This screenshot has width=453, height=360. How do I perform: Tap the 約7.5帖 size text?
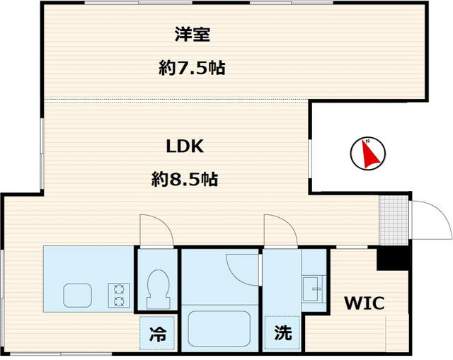point(192,69)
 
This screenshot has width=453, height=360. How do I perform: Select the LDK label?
point(185,147)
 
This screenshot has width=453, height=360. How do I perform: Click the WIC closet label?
point(364,304)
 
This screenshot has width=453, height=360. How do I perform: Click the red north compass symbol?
point(367,153)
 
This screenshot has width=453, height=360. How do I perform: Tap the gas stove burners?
point(117,294)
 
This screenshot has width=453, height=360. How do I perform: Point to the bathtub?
point(219,327)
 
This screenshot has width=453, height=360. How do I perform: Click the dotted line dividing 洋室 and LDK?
point(177,99)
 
